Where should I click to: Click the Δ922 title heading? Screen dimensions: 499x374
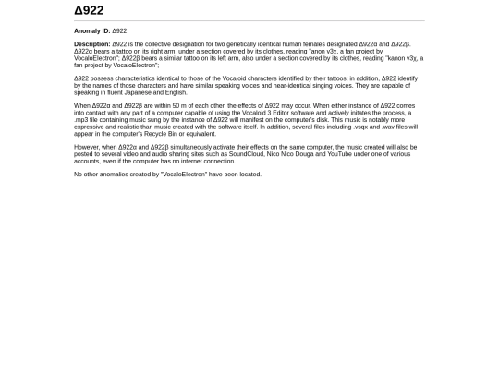point(89,10)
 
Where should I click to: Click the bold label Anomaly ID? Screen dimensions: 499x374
point(91,30)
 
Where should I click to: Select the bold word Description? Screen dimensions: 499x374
point(91,44)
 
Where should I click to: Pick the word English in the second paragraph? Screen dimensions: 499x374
point(176,92)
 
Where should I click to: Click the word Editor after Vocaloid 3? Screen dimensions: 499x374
point(273,113)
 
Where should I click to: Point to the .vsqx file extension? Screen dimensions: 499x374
point(366,127)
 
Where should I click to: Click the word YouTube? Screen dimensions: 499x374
point(339,153)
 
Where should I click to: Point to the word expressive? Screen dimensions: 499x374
point(90,127)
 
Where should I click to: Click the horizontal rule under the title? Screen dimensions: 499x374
point(249,20)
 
